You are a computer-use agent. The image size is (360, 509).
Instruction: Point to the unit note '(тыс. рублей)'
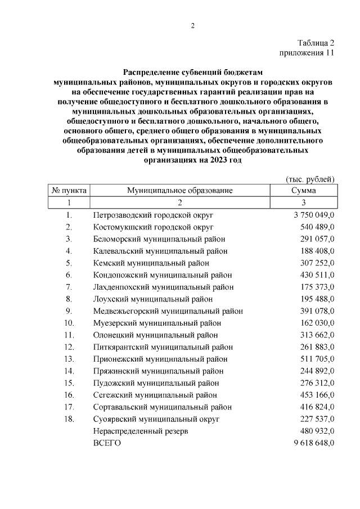coord(310,179)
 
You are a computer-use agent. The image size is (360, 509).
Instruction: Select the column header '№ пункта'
coord(69,191)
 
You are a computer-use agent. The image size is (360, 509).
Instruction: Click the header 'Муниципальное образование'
coord(179,191)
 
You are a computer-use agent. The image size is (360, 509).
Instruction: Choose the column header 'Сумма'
coord(303,191)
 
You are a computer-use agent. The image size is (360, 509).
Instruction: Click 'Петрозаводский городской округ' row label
coord(153,215)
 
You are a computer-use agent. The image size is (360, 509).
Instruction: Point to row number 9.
coord(69,311)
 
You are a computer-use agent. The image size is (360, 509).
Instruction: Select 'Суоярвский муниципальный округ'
coord(156,419)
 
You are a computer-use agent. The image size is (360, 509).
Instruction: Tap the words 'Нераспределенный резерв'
coord(140,431)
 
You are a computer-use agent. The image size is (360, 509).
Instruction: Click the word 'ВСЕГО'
coord(107,443)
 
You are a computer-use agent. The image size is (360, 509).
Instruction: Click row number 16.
coord(69,395)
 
